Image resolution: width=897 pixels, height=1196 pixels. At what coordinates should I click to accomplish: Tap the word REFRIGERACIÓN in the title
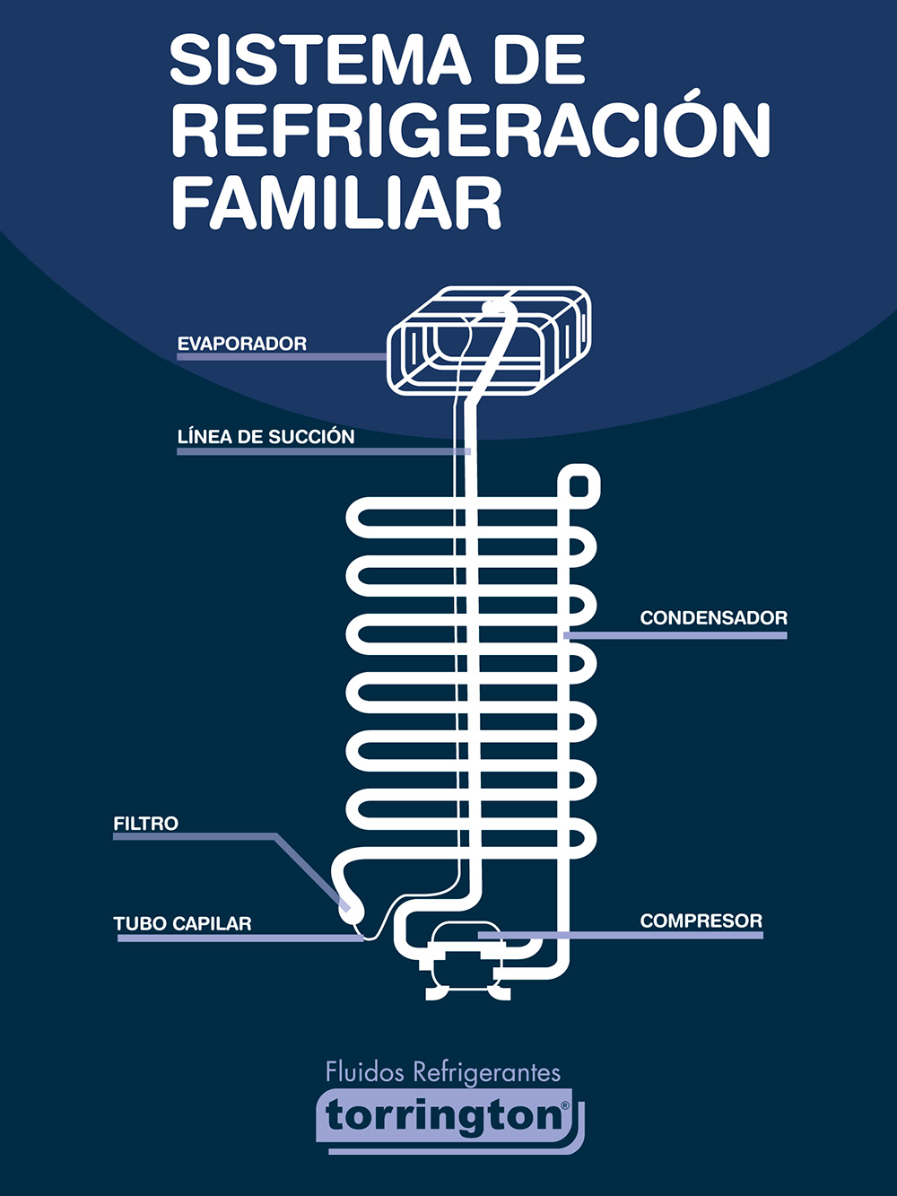click(470, 131)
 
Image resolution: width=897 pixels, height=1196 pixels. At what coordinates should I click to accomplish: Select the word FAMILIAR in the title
click(336, 203)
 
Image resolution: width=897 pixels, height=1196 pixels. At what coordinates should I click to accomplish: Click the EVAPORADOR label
click(242, 344)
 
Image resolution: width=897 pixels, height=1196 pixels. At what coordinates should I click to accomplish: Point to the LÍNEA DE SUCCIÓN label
click(266, 437)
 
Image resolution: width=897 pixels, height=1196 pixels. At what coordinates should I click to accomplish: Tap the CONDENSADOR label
click(713, 617)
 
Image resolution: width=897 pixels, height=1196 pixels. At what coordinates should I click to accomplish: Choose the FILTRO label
click(145, 823)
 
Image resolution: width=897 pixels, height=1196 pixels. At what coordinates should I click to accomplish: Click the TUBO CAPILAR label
click(182, 923)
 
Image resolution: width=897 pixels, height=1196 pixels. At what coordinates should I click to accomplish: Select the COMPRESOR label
click(701, 921)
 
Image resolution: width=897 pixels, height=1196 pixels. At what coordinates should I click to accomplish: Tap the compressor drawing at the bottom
click(466, 965)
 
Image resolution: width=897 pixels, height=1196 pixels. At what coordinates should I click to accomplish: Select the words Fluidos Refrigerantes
click(442, 1071)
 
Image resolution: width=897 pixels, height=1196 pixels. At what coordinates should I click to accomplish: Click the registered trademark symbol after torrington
click(565, 1106)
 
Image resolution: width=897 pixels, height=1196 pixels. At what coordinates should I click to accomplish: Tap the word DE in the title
click(538, 61)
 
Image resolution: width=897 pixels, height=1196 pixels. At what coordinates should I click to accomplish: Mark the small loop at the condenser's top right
click(579, 486)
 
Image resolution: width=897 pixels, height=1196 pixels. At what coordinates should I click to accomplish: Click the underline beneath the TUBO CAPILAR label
click(239, 938)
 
